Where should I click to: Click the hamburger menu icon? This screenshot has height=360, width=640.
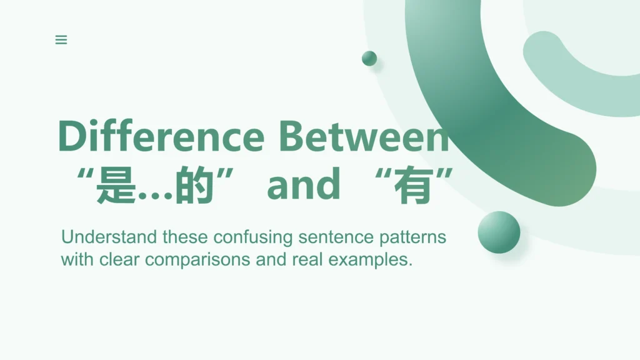pos(61,39)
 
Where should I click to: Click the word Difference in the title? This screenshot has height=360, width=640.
pos(161,136)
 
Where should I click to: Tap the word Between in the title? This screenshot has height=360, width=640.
pos(364,136)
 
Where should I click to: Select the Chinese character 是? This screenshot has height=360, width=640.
pos(116,185)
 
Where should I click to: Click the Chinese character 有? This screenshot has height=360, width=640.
pos(414,185)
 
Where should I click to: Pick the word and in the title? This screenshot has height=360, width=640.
pos(303,184)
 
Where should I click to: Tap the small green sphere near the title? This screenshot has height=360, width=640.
pos(369,58)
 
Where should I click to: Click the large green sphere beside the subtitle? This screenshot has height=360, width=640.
pos(499,232)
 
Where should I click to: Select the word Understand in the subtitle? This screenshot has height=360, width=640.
pos(109,237)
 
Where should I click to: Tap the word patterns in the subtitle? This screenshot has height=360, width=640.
pos(412,237)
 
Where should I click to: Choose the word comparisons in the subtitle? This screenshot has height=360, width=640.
pos(197,260)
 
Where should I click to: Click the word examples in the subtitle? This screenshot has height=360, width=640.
pos(370,260)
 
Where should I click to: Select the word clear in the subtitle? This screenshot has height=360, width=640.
pos(119,259)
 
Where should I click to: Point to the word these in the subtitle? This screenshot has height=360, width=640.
pos(185,237)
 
